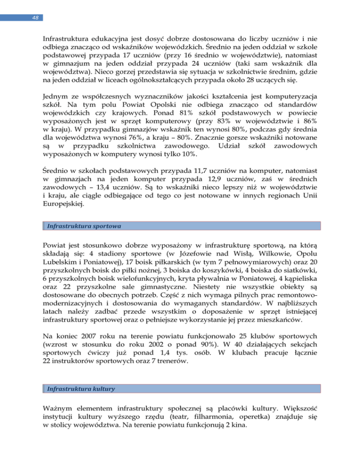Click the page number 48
click(x=22, y=18)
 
